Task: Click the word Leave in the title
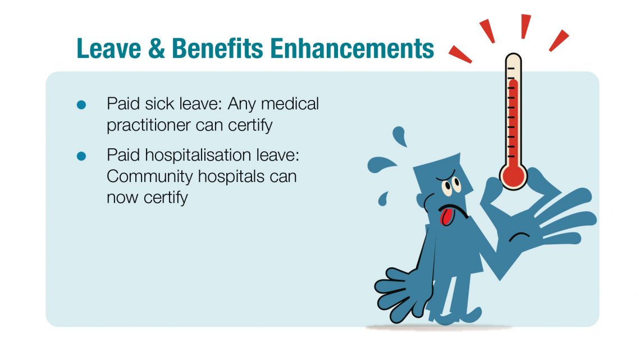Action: coord(108,48)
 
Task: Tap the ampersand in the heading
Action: coord(156,48)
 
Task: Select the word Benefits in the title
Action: coord(218,48)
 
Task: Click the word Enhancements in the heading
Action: coord(352,48)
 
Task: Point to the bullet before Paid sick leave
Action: coord(81,105)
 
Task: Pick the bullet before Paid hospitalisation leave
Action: coord(81,156)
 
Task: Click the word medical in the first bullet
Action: coord(290,104)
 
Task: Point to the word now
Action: coord(122,198)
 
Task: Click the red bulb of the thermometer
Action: coord(514,176)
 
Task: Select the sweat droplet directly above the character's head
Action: coord(400,136)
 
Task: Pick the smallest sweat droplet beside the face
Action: coord(383,199)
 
